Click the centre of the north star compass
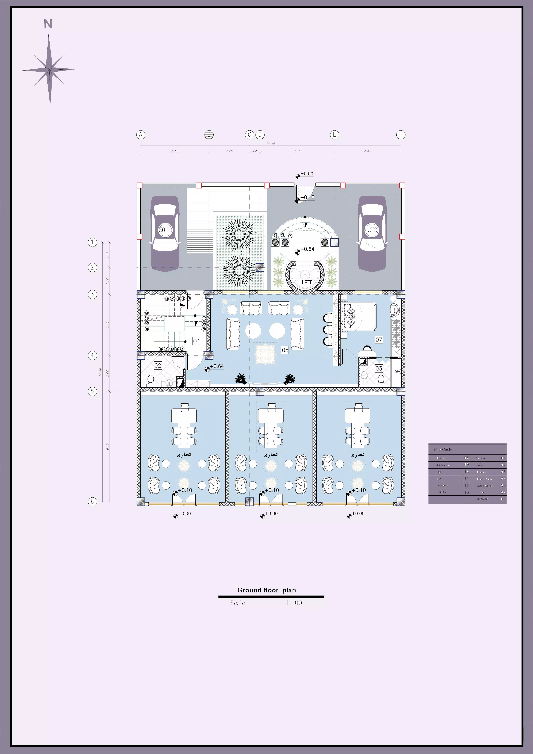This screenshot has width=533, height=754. click(x=49, y=70)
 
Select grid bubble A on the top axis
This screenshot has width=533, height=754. click(x=141, y=135)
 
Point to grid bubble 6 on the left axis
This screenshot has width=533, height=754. click(x=93, y=501)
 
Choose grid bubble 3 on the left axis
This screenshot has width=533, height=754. click(x=93, y=294)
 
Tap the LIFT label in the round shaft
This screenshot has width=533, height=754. click(x=305, y=282)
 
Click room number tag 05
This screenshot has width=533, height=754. click(x=285, y=350)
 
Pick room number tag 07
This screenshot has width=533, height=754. click(x=379, y=340)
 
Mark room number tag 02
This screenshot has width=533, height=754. click(x=158, y=366)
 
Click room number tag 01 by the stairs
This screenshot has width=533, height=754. click(x=196, y=341)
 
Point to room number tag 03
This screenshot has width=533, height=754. click(x=379, y=368)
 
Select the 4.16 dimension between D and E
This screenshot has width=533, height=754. click(x=297, y=151)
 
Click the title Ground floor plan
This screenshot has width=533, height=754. click(x=266, y=590)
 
